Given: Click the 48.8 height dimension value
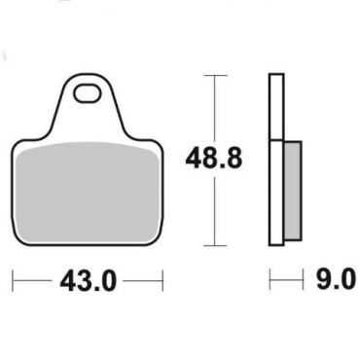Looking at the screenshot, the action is tap(214, 159).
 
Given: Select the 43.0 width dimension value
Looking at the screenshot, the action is tap(88, 281).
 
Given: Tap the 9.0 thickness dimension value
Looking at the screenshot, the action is tap(336, 279).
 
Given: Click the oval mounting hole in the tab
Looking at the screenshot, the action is tap(87, 93).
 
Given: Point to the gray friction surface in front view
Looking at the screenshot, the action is tap(88, 193).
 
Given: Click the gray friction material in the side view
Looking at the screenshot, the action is tap(293, 191).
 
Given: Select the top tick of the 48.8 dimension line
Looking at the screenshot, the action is tap(214, 76).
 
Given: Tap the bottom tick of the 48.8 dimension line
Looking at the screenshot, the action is tap(214, 245).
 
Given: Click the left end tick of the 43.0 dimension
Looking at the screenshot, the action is tap(13, 281).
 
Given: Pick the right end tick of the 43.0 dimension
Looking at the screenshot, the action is tap(162, 281).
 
